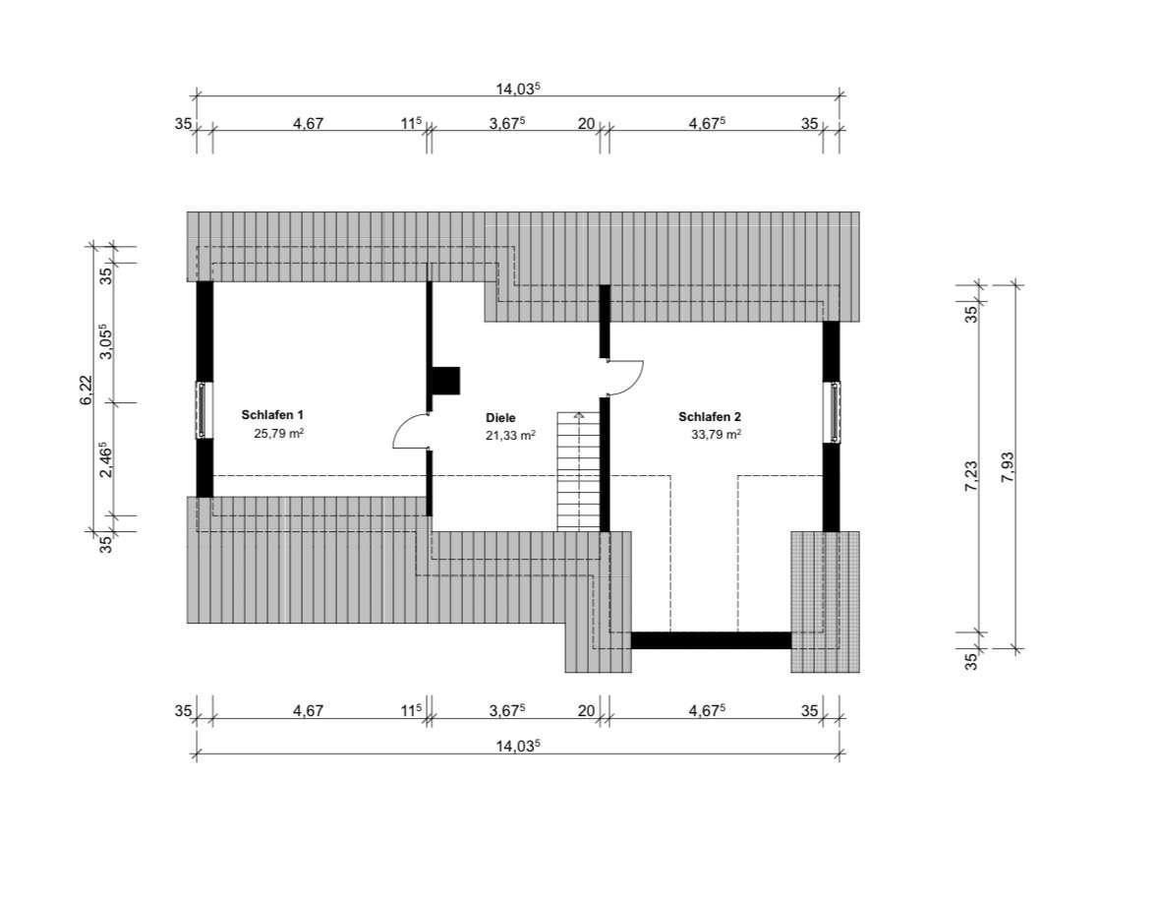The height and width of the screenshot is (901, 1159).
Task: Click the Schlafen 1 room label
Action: (x=272, y=415)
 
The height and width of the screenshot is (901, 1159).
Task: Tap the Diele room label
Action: (x=500, y=418)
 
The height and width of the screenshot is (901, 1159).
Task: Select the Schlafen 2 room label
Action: (x=710, y=417)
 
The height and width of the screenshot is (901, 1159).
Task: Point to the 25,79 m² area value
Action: (x=279, y=434)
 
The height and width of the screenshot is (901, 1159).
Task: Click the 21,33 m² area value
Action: (x=510, y=436)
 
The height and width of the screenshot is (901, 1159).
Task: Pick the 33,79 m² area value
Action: (x=717, y=434)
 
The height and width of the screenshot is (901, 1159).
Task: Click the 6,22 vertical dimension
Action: (x=87, y=390)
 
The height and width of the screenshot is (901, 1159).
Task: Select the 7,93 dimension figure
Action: (x=1007, y=467)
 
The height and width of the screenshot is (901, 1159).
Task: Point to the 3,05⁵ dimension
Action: (x=106, y=341)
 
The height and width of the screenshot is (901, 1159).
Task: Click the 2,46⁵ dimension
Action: (x=106, y=459)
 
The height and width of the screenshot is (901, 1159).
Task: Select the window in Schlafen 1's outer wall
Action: (x=202, y=410)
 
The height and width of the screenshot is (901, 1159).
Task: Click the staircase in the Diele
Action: (x=578, y=470)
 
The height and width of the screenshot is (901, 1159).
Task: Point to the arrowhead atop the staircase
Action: (x=579, y=415)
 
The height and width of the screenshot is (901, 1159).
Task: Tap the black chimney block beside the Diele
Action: (x=445, y=381)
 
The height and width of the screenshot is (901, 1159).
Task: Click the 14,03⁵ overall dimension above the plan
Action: (x=518, y=89)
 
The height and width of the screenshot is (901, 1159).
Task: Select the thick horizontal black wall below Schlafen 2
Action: (x=711, y=640)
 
